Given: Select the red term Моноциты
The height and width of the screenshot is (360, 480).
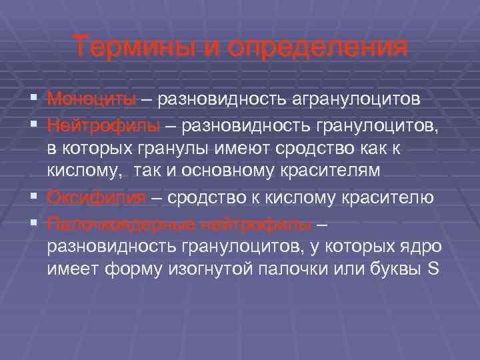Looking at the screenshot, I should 91,99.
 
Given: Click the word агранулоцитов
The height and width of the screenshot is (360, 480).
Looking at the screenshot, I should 355,99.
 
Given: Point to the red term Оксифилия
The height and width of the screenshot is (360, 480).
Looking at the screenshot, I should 97,198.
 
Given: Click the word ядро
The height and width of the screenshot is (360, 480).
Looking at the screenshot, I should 422,247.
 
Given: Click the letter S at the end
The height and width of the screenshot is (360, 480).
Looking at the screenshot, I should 431,271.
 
